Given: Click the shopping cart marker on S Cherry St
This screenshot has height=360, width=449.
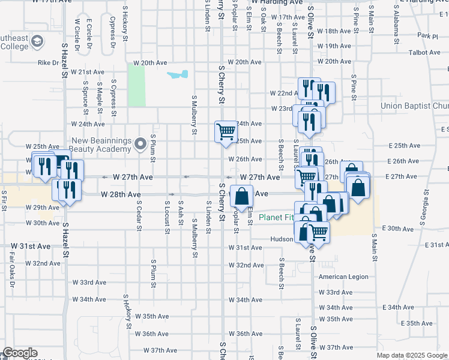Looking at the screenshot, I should (226, 131).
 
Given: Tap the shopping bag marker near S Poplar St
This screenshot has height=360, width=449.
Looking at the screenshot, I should (241, 196).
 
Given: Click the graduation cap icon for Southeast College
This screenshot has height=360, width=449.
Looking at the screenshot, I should (37, 41).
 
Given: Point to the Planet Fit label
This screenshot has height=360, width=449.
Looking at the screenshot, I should (277, 217).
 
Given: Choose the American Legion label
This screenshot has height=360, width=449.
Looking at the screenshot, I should (342, 277).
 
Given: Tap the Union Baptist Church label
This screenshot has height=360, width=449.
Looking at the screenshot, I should (414, 106).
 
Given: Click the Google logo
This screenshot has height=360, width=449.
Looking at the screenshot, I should (20, 353).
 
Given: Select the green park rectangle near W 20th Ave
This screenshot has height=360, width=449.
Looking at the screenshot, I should (136, 85).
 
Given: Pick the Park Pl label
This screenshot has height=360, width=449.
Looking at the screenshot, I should (428, 37).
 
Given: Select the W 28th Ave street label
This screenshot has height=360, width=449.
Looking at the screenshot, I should (121, 195).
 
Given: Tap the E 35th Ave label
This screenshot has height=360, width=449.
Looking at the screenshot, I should (420, 323).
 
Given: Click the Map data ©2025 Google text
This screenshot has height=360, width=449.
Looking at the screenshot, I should (411, 355).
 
